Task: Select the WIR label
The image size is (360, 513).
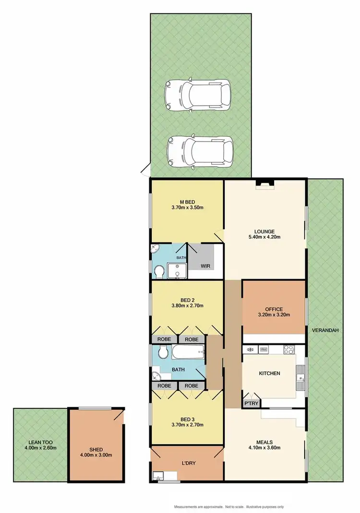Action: point(205,266)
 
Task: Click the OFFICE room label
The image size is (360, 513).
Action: point(274,309)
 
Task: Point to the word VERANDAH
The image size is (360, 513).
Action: point(325,330)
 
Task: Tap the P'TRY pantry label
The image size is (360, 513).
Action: point(250,404)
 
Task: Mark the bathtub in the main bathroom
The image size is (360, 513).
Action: point(188,354)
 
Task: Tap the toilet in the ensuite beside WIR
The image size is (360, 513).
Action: point(159,271)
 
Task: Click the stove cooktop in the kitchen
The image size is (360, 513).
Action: point(288,349)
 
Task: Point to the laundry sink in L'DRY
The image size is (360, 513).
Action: point(159,476)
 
